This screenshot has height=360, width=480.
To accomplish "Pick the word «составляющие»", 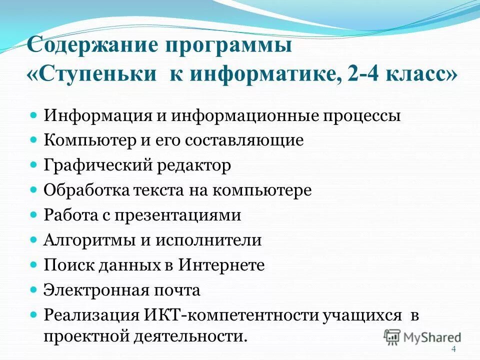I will point(244,140).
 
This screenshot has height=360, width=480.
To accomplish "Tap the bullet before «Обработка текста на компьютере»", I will point(34,190).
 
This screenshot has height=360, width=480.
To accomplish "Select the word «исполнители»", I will point(208,240).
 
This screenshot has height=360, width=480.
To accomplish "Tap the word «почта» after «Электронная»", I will point(177,290).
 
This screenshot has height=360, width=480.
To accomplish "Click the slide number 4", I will point(453,349).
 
